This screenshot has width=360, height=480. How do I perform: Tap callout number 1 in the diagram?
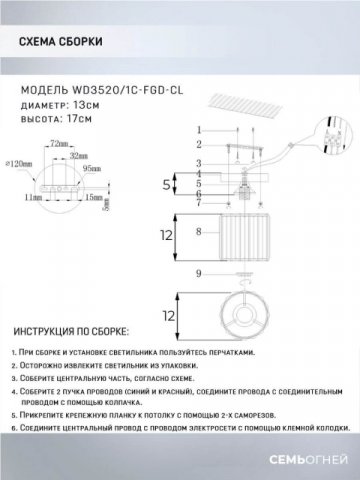[198, 130]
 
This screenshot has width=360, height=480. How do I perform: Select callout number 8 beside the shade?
[198, 232]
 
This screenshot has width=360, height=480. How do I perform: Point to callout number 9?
[198, 273]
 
